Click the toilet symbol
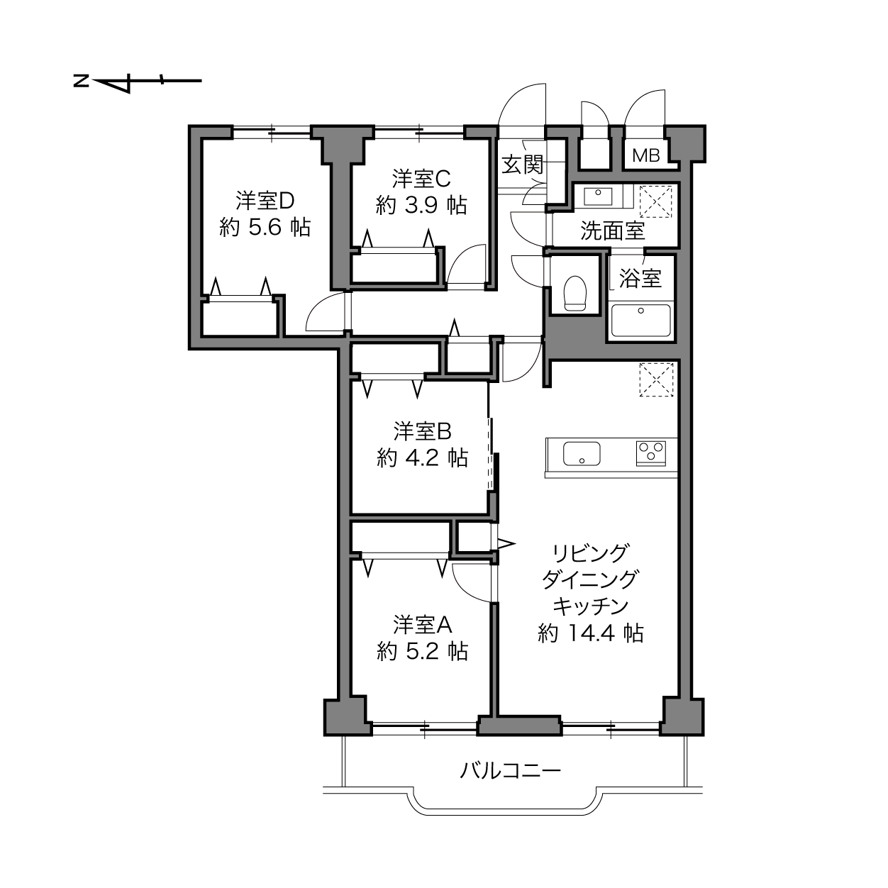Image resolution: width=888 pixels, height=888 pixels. [575, 293]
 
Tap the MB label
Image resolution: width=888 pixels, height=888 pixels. [646, 155]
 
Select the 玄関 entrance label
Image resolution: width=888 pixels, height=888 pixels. [523, 165]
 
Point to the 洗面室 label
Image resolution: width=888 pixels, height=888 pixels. [612, 231]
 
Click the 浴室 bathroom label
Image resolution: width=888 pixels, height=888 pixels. [640, 278]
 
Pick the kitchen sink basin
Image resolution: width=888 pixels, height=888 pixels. [582, 454]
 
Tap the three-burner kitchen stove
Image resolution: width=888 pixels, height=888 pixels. [650, 453]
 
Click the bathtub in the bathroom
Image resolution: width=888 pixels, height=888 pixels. [640, 320]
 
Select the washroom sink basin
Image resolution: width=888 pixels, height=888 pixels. [598, 196]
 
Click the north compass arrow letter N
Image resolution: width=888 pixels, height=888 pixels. [81, 82]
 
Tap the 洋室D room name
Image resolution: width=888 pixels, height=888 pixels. [265, 201]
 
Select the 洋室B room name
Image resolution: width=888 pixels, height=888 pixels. [422, 431]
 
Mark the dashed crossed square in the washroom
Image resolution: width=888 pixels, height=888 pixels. [656, 201]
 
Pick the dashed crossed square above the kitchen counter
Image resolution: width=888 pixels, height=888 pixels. [657, 379]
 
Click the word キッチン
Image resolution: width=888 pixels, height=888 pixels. [591, 606]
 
